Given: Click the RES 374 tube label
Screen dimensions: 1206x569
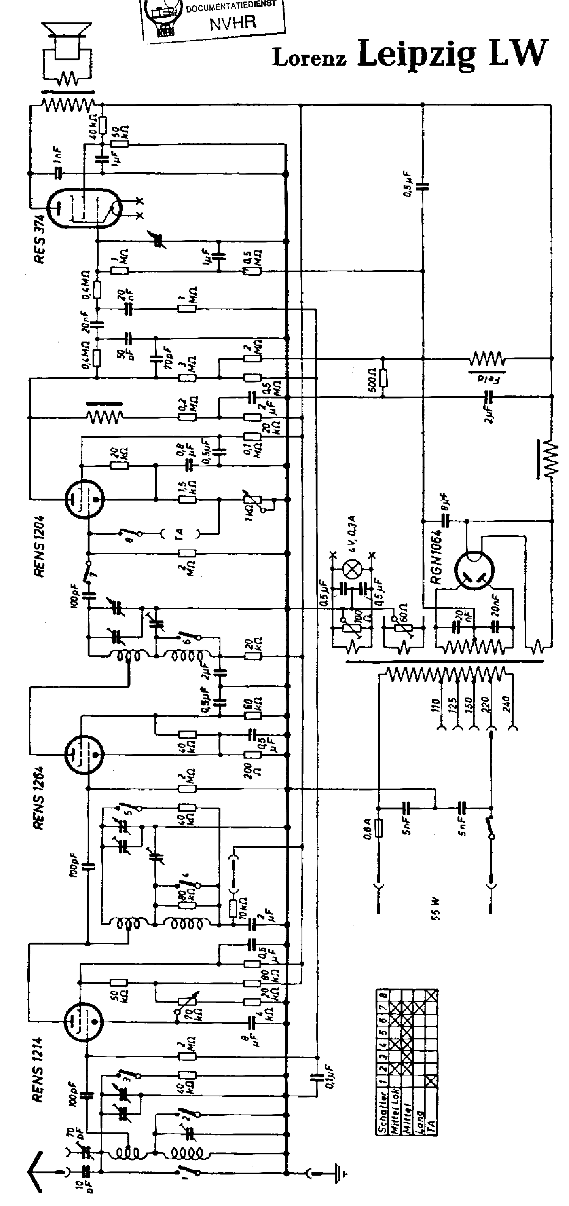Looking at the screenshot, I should pos(40,239).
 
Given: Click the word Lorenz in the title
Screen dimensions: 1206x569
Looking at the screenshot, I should pos(309,58).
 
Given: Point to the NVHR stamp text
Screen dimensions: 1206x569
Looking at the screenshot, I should pos(233,22).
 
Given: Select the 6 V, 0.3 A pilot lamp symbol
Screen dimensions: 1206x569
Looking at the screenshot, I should pos(352,569).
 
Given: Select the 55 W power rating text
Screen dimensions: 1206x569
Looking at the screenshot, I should pos(435,908).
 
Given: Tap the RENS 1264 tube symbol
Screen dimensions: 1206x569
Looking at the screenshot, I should pos(83,754).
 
